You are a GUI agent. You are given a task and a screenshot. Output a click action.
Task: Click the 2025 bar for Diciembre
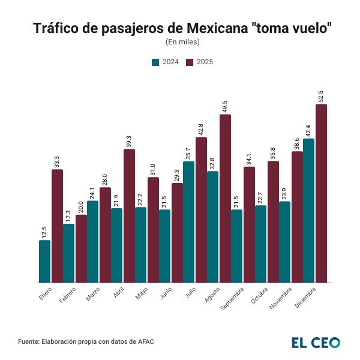coord(321,193)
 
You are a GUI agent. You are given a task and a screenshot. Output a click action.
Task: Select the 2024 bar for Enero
coord(45,261)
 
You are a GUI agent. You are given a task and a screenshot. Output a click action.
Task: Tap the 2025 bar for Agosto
coord(225,198)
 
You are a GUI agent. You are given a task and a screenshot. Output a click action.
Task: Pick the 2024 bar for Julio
coord(189,221)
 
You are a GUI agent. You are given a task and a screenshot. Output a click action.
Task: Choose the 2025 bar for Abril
coord(129,215)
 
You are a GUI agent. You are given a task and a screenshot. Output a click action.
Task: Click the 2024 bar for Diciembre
coord(309,210)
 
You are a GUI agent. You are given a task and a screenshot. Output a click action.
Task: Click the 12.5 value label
coord(45,232)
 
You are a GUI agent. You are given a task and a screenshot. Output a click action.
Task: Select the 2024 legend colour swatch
coord(155,62)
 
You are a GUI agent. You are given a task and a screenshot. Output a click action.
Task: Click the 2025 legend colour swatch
coord(189,62)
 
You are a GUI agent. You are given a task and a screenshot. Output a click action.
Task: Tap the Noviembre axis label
coord(281,297)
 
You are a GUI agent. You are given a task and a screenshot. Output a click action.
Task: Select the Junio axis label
coord(166,293)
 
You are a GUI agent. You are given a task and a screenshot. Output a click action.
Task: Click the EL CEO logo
coord(316,342)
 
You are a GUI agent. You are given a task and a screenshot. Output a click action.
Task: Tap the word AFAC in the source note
coord(145,341)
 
